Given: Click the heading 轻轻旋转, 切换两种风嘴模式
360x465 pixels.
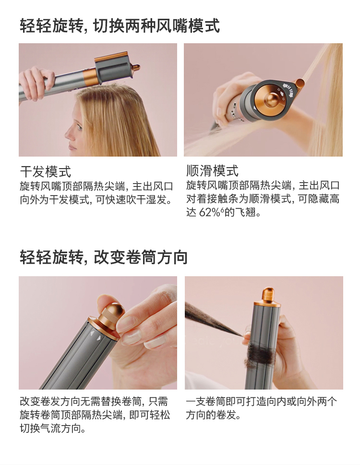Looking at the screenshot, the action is pyautogui.click(x=120, y=25).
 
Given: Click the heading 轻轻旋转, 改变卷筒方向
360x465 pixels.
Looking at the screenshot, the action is pyautogui.click(x=103, y=257).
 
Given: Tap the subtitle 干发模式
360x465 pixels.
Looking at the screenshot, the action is pyautogui.click(x=46, y=171).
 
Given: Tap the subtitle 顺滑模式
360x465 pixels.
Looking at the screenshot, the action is pyautogui.click(x=212, y=171).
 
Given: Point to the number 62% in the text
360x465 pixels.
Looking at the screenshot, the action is pyautogui.click(x=209, y=213).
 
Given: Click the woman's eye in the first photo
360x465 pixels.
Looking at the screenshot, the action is pyautogui.click(x=79, y=127).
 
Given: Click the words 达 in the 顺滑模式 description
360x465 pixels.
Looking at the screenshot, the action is pyautogui.click(x=191, y=213).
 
